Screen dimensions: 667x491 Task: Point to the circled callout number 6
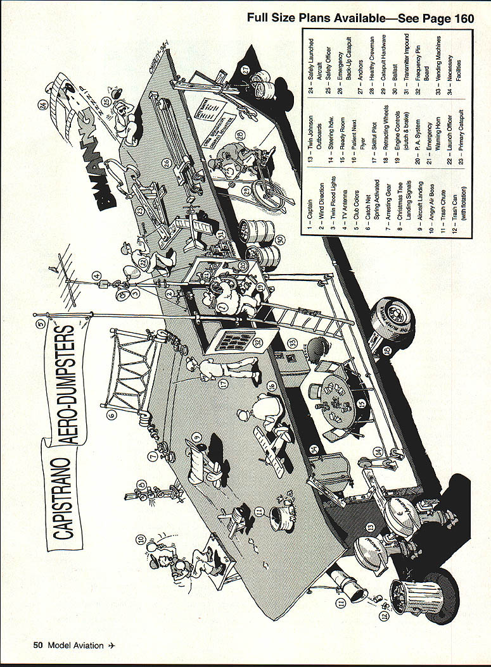[112, 415]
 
